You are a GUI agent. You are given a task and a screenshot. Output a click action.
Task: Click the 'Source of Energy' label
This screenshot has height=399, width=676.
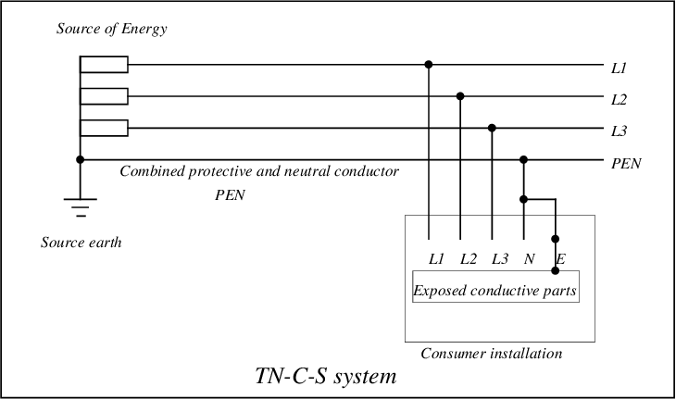pyautogui.click(x=112, y=29)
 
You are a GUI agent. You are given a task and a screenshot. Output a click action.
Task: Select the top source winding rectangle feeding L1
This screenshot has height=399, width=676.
pyautogui.click(x=104, y=65)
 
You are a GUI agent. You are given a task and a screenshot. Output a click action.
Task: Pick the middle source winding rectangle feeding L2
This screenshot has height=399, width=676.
pyautogui.click(x=104, y=96)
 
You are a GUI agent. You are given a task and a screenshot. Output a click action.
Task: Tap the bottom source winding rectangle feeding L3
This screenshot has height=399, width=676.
pyautogui.click(x=104, y=128)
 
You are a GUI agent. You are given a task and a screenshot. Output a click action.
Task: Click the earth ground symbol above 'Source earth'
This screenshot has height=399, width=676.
pyautogui.click(x=81, y=206)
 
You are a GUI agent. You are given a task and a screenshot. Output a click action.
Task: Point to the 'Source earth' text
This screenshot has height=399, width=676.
pyautogui.click(x=81, y=243)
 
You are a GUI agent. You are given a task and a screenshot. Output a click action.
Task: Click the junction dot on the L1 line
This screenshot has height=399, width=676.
pyautogui.click(x=429, y=65)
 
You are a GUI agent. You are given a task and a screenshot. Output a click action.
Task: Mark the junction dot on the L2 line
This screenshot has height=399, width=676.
pyautogui.click(x=460, y=96)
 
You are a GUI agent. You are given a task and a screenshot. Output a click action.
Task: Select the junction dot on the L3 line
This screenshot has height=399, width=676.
pyautogui.click(x=492, y=128)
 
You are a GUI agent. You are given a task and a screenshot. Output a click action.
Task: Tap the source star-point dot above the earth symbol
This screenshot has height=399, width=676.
pyautogui.click(x=81, y=160)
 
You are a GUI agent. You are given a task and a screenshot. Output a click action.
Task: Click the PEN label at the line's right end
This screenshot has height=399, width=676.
pyautogui.click(x=626, y=164)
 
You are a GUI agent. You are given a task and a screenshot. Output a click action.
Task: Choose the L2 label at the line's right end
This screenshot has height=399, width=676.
pyautogui.click(x=619, y=100)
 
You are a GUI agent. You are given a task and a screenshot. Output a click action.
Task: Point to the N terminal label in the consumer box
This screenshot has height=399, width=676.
pyautogui.click(x=530, y=259)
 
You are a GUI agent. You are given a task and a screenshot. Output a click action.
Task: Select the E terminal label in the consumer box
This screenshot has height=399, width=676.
pyautogui.click(x=560, y=259)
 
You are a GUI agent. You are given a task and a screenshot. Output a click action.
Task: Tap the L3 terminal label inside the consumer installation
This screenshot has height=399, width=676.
pyautogui.click(x=500, y=259)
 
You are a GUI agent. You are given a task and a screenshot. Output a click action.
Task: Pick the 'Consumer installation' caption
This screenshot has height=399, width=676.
pyautogui.click(x=492, y=354)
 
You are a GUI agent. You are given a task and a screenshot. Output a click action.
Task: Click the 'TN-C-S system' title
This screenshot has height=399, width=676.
pyautogui.click(x=326, y=376)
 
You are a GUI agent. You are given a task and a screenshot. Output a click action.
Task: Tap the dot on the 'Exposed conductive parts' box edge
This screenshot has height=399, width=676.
pyautogui.click(x=556, y=270)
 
